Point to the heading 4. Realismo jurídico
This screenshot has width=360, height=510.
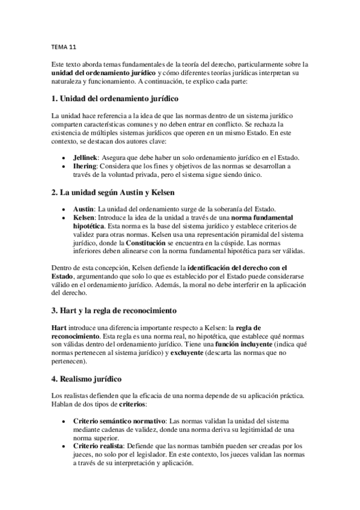(x=87, y=379)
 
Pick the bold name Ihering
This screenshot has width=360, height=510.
(x=84, y=165)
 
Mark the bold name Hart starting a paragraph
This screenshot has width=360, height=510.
(x=60, y=327)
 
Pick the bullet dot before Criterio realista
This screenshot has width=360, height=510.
(x=64, y=446)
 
